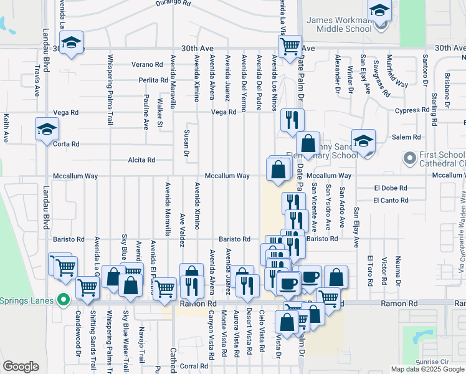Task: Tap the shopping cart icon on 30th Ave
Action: click(290, 46)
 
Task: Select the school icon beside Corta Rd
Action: click(47, 129)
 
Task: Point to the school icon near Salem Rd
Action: click(363, 140)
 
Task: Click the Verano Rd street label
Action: click(146, 64)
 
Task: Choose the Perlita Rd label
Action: click(153, 80)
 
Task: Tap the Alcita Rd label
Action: click(141, 160)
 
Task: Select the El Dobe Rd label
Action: click(391, 188)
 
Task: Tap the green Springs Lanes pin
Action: click(63, 300)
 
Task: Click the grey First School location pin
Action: click(409, 158)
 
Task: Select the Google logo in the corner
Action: click(21, 367)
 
